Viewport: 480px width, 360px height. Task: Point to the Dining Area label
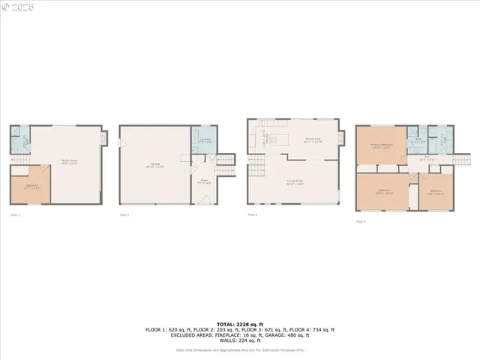313,139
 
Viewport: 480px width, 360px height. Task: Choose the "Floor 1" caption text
15,215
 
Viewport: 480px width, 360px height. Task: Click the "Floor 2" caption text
124,215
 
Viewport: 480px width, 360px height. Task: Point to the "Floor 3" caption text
253,215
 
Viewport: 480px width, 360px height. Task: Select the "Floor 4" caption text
361,221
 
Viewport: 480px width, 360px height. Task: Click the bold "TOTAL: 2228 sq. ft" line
240,324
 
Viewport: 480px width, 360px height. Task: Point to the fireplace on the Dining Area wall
342,138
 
